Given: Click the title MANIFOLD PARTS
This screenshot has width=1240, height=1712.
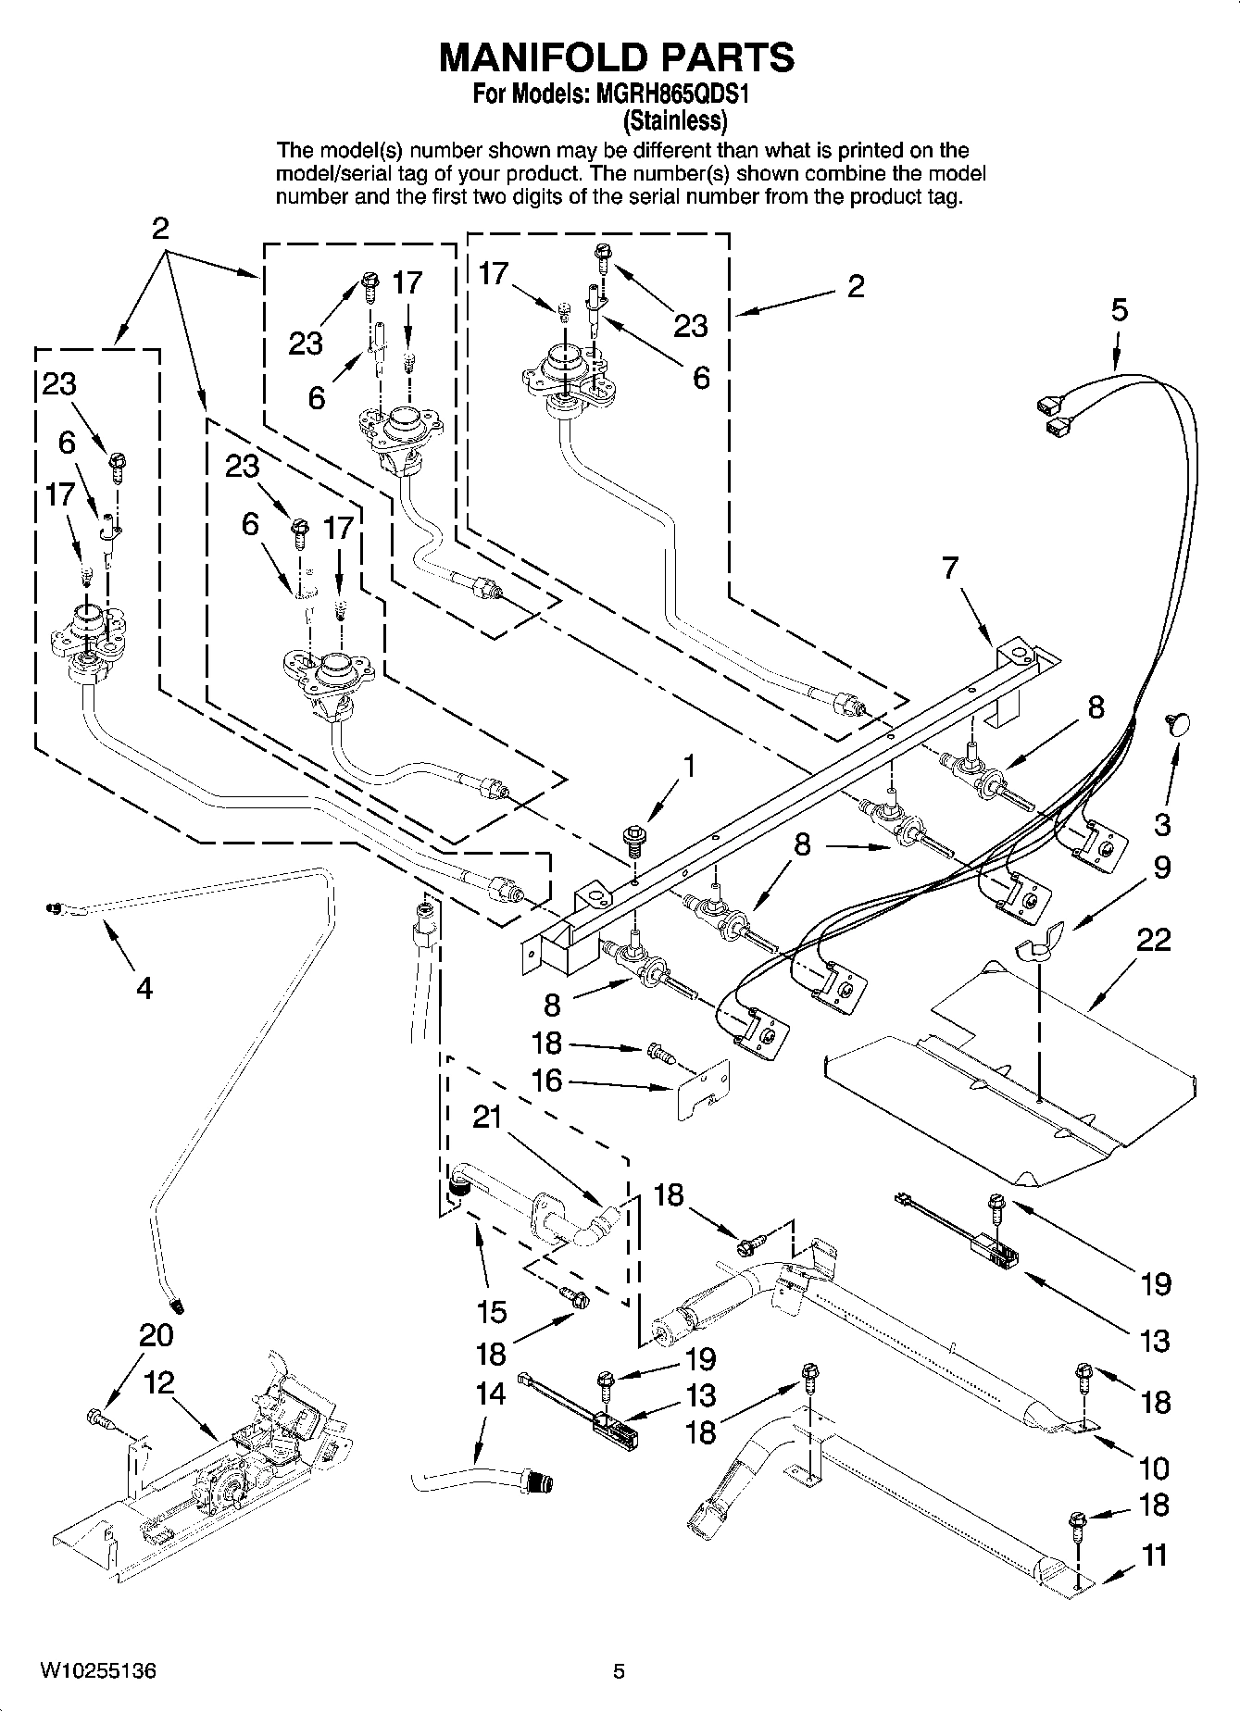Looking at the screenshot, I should pyautogui.click(x=616, y=57).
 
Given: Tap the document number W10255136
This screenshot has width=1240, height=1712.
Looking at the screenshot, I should pyautogui.click(x=97, y=1670).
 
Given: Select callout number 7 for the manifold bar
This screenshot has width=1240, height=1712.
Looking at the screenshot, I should pyautogui.click(x=950, y=568).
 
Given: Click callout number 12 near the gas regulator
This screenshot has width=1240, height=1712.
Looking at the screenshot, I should pyautogui.click(x=159, y=1383).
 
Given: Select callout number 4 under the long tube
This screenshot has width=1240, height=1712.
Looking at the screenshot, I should pyautogui.click(x=144, y=989).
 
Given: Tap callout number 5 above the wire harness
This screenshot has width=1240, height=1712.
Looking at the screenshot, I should pyautogui.click(x=1120, y=309).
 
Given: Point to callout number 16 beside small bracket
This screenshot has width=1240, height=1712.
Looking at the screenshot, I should pyautogui.click(x=546, y=1080).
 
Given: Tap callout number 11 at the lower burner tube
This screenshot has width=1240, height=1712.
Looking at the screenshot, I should pyautogui.click(x=1155, y=1555).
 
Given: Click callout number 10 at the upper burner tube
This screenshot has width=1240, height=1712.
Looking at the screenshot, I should pyautogui.click(x=1154, y=1468).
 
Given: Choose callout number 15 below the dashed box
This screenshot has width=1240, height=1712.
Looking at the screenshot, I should pyautogui.click(x=492, y=1311).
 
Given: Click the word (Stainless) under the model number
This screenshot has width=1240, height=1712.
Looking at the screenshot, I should pyautogui.click(x=674, y=120).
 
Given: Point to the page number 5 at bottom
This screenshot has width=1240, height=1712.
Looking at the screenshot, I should pyautogui.click(x=620, y=1670).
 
